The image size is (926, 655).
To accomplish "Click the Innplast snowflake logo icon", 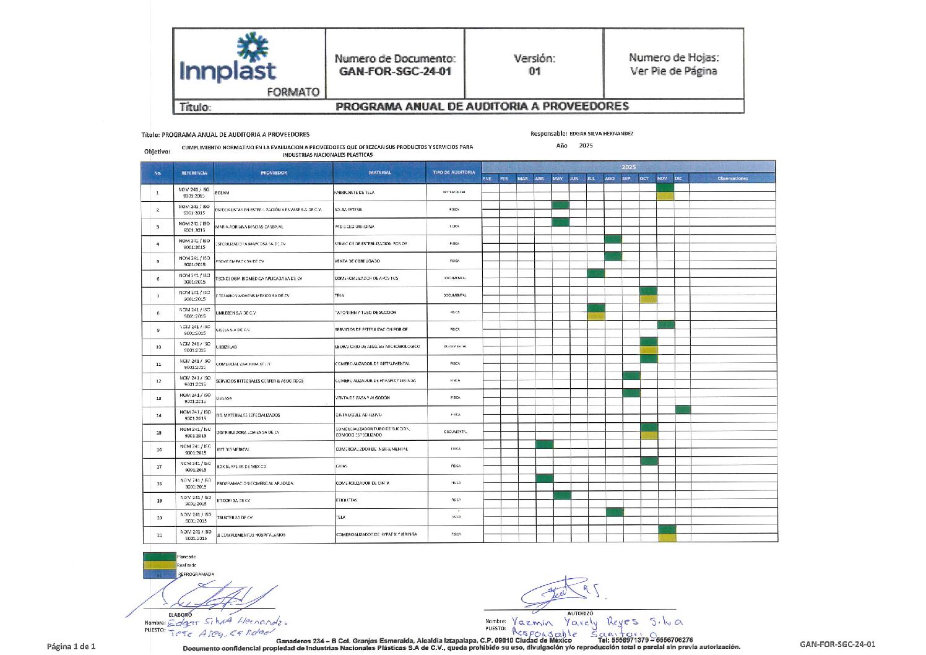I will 253,47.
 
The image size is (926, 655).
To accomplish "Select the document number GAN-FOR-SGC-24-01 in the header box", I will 395,71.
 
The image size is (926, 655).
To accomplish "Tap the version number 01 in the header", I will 534,71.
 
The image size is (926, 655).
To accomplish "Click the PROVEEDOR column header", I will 274,173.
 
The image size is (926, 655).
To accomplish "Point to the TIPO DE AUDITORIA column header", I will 454,172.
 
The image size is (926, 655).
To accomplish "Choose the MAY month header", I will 558,179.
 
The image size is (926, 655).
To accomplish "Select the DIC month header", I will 678,179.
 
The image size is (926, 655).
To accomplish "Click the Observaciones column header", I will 732,179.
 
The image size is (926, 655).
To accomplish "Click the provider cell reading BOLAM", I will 222,193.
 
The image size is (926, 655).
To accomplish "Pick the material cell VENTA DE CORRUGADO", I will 358,261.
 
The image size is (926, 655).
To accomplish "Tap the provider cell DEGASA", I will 224,398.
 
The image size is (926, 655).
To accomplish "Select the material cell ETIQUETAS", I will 347,500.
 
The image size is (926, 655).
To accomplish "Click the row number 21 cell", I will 159,534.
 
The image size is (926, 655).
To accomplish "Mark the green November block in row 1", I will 665,187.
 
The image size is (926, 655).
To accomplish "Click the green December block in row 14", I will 683,409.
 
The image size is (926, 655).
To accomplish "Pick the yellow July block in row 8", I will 595,316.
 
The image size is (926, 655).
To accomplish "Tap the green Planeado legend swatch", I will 160,557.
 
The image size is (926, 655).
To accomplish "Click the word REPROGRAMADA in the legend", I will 196,575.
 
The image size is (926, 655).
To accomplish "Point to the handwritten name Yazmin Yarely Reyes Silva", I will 597,622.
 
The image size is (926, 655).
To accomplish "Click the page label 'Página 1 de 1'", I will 71,646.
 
